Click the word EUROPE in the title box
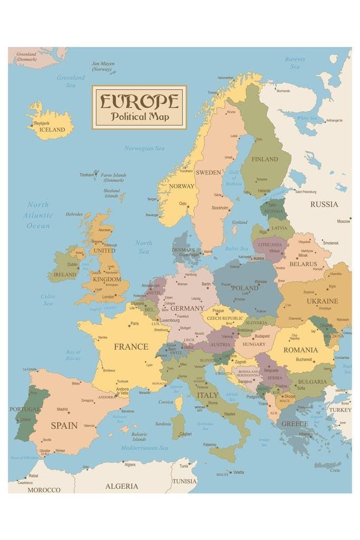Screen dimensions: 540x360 click(x=139, y=101)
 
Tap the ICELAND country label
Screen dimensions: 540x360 click(x=52, y=130)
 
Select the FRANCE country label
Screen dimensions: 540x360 click(x=131, y=346)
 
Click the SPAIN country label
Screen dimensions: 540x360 click(x=64, y=425)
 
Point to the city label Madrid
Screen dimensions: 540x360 click(x=62, y=409)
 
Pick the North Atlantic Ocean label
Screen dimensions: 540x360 click(x=38, y=215)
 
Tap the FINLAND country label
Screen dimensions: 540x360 click(x=265, y=159)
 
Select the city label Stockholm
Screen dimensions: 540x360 click(x=220, y=208)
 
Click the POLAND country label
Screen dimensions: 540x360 click(x=245, y=288)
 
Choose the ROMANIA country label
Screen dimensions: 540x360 click(x=300, y=350)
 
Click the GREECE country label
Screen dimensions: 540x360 click(x=295, y=423)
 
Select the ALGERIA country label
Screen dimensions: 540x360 click(x=122, y=486)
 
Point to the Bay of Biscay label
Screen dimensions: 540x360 click(x=73, y=355)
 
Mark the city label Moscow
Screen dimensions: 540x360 click(x=343, y=221)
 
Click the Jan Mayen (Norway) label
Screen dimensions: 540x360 click(x=103, y=66)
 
